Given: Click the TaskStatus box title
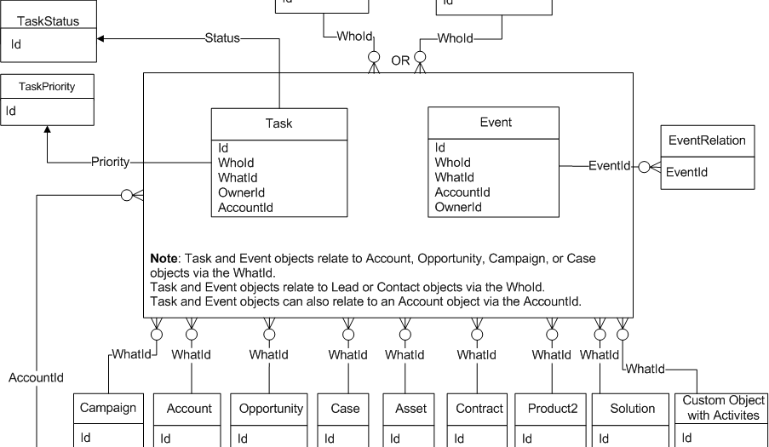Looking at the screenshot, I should tap(49, 20).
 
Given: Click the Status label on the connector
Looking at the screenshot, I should tap(222, 38).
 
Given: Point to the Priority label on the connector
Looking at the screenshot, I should tap(111, 161).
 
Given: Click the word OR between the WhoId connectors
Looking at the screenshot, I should tap(400, 60).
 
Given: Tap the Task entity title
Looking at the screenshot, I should tap(278, 123).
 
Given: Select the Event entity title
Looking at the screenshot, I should tap(496, 123).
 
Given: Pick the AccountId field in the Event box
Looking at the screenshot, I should tap(462, 192).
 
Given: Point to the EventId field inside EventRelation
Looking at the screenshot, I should tap(689, 172).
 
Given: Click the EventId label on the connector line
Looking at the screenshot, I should tap(609, 166).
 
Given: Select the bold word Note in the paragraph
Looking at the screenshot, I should tap(164, 257).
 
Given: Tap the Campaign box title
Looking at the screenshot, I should tap(108, 408).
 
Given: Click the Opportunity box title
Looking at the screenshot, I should tap(270, 409).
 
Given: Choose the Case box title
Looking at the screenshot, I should tap(345, 409).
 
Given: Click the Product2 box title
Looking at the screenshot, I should tap(551, 409).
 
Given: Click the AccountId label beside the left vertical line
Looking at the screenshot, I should tap(37, 377).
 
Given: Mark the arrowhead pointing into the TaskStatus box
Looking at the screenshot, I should tap(101, 38).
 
